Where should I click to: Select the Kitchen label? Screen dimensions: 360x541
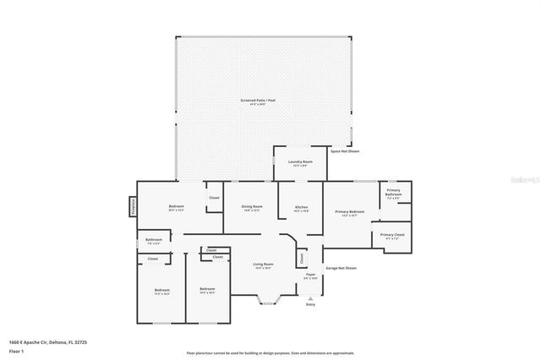(x=301, y=209)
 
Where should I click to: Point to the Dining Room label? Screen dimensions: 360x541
(x=252, y=208)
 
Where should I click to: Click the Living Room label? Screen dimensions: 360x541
(x=263, y=265)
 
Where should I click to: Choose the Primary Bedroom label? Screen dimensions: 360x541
(x=349, y=213)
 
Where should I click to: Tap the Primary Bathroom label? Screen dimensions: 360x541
(x=394, y=192)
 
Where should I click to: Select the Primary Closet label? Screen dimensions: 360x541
(x=392, y=236)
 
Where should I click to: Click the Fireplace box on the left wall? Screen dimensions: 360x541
(x=133, y=207)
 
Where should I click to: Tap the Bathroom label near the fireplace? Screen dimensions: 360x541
(x=153, y=241)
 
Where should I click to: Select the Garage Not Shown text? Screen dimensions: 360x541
(x=341, y=268)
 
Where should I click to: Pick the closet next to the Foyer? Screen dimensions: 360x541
(x=300, y=257)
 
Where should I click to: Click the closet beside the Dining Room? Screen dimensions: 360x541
(x=214, y=199)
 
